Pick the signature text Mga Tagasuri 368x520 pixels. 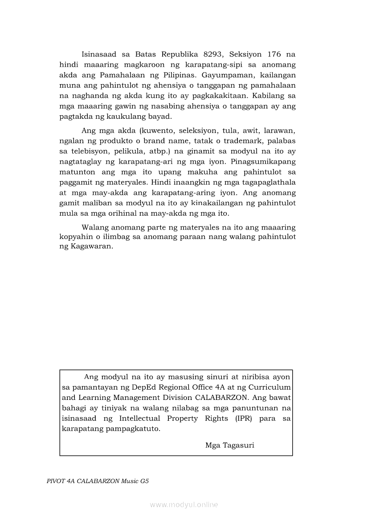pos(230,445)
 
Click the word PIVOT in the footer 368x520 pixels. pos(55,482)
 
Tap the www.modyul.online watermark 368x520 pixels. pos(184,504)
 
